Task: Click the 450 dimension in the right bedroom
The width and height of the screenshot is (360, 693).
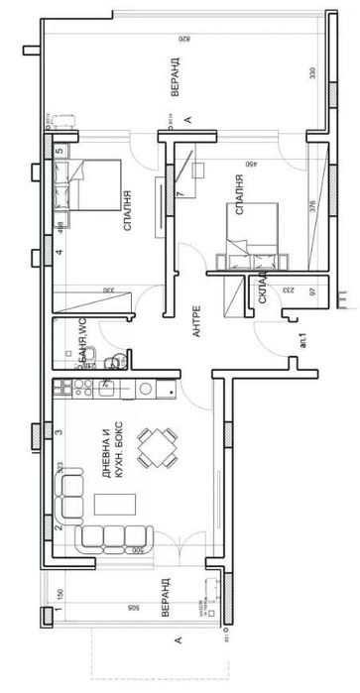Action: click(x=249, y=166)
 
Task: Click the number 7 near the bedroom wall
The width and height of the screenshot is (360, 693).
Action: click(x=180, y=192)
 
